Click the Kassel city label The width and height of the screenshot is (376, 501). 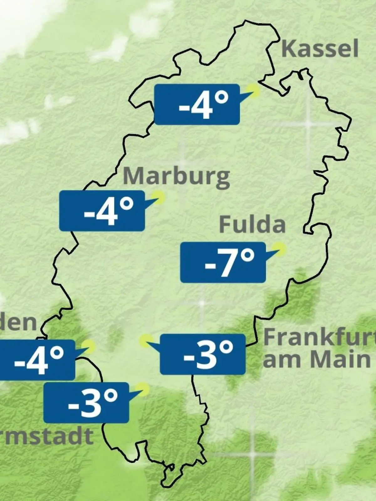click(x=320, y=49)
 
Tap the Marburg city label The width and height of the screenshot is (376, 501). click(x=176, y=177)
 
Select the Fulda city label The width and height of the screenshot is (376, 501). click(x=252, y=225)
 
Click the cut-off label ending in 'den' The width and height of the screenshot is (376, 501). click(x=18, y=323)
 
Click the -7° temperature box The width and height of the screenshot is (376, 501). click(x=223, y=262)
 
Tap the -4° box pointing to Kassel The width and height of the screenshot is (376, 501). click(x=197, y=104)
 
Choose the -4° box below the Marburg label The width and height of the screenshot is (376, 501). click(x=102, y=211)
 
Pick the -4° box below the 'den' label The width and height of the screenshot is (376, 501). click(x=37, y=360)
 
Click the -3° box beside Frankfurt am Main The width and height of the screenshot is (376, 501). click(x=202, y=354)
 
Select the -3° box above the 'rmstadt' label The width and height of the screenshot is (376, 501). click(x=86, y=403)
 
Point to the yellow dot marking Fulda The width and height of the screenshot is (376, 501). click(x=279, y=249)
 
